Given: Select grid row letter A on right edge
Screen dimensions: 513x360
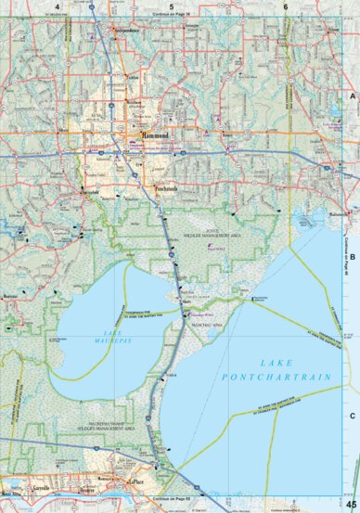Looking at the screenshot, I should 352,96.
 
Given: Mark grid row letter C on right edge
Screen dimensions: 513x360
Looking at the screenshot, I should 352,417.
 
